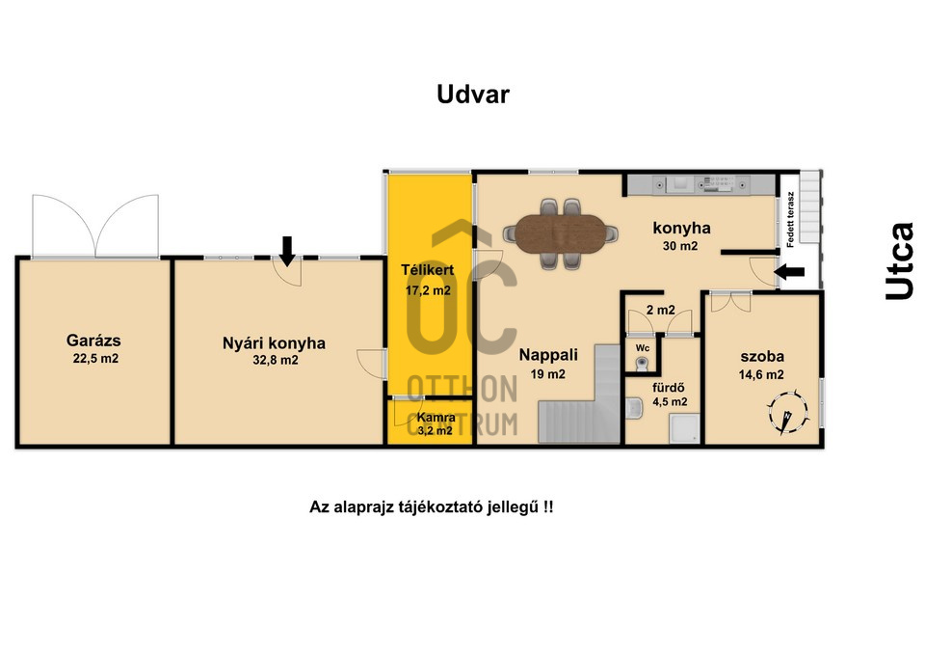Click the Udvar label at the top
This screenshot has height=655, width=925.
coord(472,95)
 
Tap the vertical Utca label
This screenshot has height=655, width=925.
coord(899,261)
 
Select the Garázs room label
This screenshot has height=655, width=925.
coord(93,341)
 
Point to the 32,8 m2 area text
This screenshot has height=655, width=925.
coord(276,360)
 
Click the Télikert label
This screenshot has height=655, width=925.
coord(428,270)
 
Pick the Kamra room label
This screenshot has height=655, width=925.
coord(436,418)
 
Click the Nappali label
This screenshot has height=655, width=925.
coord(548,355)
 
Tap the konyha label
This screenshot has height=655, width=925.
coord(681,228)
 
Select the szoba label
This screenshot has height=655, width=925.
coord(762,357)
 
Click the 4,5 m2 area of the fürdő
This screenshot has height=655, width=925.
coord(670,402)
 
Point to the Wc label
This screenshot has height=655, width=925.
coord(643,348)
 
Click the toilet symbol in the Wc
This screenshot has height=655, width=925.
coord(642,364)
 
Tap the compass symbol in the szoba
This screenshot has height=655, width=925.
coord(787,411)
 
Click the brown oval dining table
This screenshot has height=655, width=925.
coord(561,233)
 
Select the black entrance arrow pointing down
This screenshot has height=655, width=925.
coord(287,251)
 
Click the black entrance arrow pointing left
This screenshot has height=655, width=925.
coord(789,272)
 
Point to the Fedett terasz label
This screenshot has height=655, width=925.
coord(790,220)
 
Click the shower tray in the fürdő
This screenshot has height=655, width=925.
coord(684,429)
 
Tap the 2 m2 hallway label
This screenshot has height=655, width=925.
coord(661,310)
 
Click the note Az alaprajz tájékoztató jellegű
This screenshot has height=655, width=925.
coord(432,507)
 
